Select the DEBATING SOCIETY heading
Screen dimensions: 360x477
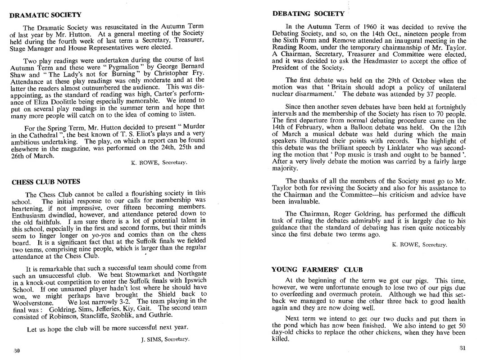pos(309,14)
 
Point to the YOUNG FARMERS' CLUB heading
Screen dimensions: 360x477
pos(318,270)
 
